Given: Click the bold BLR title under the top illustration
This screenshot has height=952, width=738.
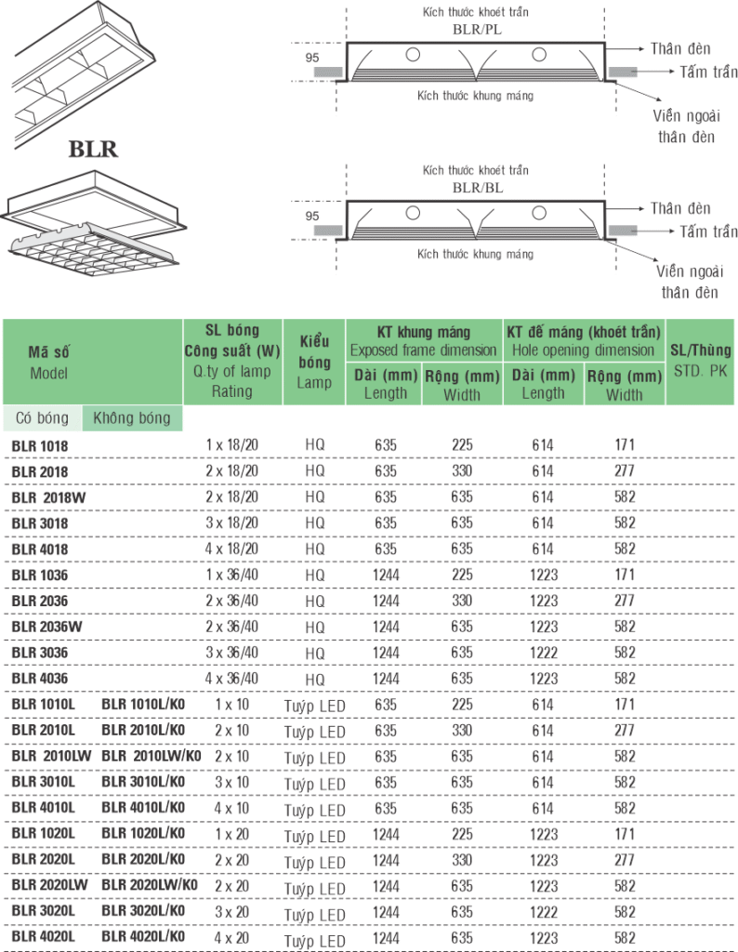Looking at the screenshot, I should pyautogui.click(x=93, y=149).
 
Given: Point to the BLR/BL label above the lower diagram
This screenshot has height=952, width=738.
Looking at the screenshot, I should pyautogui.click(x=479, y=187).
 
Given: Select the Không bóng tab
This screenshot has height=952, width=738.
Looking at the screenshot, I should pyautogui.click(x=132, y=418).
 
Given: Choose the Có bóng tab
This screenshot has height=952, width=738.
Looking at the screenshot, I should pyautogui.click(x=41, y=418).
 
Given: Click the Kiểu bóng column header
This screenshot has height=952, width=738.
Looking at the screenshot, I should pyautogui.click(x=315, y=362).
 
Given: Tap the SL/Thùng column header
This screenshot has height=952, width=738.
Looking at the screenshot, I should pyautogui.click(x=701, y=362).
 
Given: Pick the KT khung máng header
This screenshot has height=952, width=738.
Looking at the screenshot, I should pyautogui.click(x=424, y=340).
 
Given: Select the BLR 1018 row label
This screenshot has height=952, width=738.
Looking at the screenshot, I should pyautogui.click(x=40, y=445).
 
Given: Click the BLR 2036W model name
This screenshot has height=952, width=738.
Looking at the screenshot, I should pyautogui.click(x=47, y=627).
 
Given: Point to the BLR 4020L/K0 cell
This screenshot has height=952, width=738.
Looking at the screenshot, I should pyautogui.click(x=143, y=938).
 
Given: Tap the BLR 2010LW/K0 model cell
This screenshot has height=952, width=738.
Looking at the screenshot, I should pyautogui.click(x=152, y=757).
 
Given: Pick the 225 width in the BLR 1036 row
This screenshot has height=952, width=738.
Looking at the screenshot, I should pyautogui.click(x=461, y=575).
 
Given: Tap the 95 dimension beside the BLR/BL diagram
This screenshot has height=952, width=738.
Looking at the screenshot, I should pyautogui.click(x=311, y=216).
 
